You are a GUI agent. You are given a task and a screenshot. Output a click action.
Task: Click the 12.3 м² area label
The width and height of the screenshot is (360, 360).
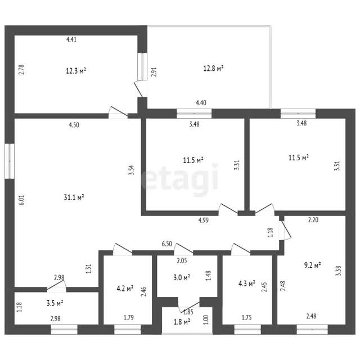pyautogui.click(x=76, y=70)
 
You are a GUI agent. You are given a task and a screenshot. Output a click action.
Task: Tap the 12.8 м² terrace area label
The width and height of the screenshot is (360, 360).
pyautogui.click(x=213, y=68)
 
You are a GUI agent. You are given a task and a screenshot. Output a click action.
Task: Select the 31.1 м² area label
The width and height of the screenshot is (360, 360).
pyautogui.click(x=74, y=197)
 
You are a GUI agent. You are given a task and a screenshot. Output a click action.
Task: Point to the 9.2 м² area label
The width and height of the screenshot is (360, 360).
pyautogui.click(x=312, y=265)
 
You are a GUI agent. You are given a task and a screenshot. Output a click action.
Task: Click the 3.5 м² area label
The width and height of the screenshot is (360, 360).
pyautogui.click(x=55, y=303)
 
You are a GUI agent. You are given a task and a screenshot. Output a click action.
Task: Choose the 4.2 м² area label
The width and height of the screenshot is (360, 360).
pyautogui.click(x=125, y=289)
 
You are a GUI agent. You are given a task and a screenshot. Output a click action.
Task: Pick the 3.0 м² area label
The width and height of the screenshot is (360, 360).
pyautogui.click(x=182, y=277)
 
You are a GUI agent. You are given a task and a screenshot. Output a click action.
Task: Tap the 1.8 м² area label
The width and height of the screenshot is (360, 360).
pyautogui.click(x=182, y=322)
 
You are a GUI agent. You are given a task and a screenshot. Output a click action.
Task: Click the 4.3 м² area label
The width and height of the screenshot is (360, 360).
pyautogui.click(x=247, y=283)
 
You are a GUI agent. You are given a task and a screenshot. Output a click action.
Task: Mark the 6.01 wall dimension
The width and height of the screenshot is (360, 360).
pyautogui.click(x=21, y=200)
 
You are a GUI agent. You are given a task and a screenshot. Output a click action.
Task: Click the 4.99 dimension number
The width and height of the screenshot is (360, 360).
pyautogui.click(x=204, y=220)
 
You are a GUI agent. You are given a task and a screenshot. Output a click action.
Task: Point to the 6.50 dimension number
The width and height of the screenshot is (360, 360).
pyautogui.click(x=167, y=244)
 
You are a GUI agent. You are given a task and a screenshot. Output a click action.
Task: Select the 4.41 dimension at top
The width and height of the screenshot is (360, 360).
pyautogui.click(x=71, y=39)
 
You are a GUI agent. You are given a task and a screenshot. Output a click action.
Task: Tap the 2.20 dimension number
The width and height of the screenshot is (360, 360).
pyautogui.click(x=313, y=220)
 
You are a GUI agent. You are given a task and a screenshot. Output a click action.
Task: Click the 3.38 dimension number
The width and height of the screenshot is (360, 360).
pyautogui.click(x=338, y=271)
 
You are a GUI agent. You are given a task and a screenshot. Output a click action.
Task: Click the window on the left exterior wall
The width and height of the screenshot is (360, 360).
pyautogui.click(x=10, y=161)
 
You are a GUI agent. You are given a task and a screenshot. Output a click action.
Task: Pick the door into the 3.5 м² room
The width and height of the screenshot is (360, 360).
pyautogui.click(x=56, y=286)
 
